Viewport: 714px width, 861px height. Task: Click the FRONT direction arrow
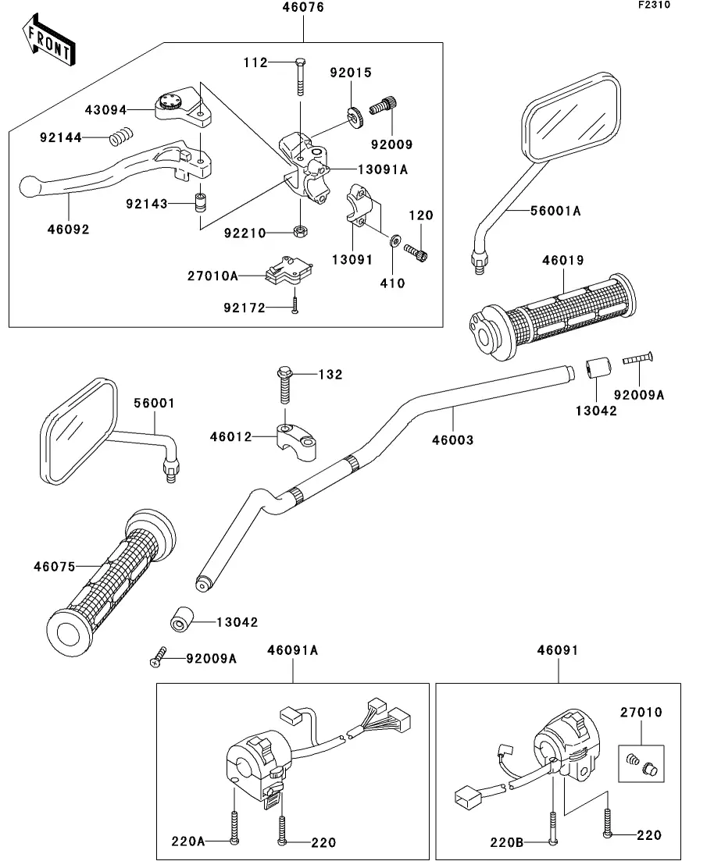tap(48, 43)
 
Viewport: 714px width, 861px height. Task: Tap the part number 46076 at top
tap(303, 8)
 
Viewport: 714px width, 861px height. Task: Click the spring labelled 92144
tap(120, 137)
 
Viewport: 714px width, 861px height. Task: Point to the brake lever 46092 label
tap(69, 229)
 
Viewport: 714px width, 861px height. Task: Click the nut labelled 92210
tap(298, 231)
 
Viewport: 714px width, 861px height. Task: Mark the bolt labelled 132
tap(284, 380)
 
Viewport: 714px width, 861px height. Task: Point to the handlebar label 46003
tap(452, 440)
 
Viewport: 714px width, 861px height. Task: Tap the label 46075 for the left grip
tap(55, 566)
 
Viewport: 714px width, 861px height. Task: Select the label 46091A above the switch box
tap(293, 649)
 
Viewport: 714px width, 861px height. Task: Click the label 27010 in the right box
tap(641, 712)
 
